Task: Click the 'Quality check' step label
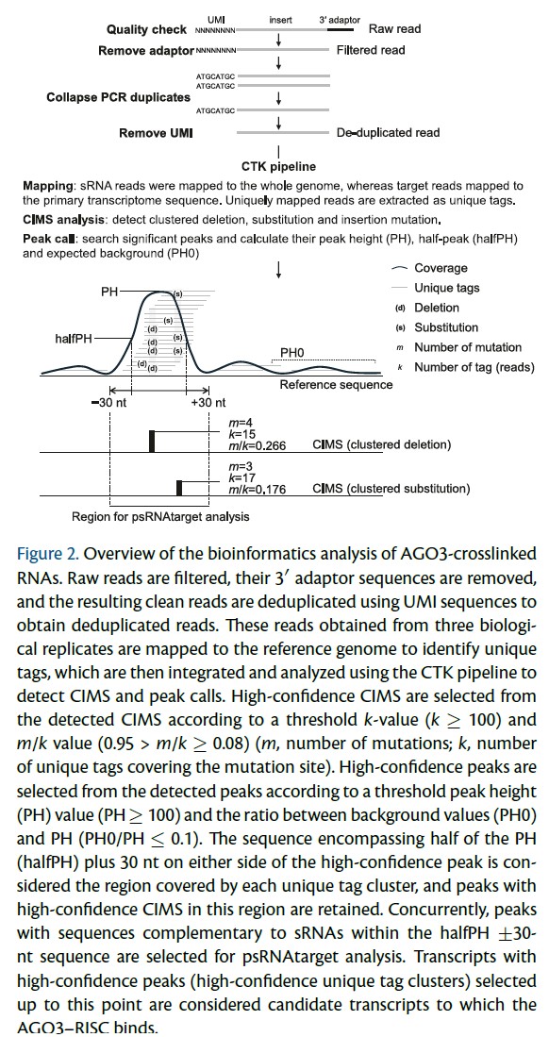[146, 30]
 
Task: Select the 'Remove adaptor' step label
[146, 50]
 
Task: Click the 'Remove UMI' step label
[156, 133]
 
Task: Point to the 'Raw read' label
[394, 29]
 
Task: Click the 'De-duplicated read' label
[388, 133]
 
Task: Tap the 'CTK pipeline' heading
[278, 167]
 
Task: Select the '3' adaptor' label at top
[339, 19]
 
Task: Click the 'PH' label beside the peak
[109, 293]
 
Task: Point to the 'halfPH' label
[75, 338]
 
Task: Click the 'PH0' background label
[292, 352]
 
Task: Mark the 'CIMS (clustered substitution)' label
[391, 489]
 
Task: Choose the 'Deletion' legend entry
[433, 308]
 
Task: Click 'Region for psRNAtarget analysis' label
[160, 516]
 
